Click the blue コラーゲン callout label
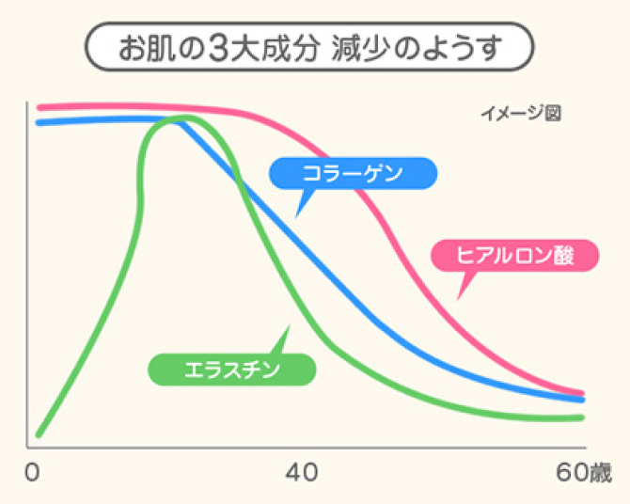tap(352, 173)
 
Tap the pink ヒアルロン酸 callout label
tap(513, 255)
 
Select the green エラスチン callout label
tap(232, 368)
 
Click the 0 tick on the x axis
tap(35, 470)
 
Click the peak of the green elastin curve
tap(183, 118)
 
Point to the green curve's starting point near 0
tap(39, 433)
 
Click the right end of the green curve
tap(583, 417)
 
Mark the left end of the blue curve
tap(39, 122)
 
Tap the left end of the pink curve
tap(39, 107)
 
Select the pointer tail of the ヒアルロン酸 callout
tap(460, 294)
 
